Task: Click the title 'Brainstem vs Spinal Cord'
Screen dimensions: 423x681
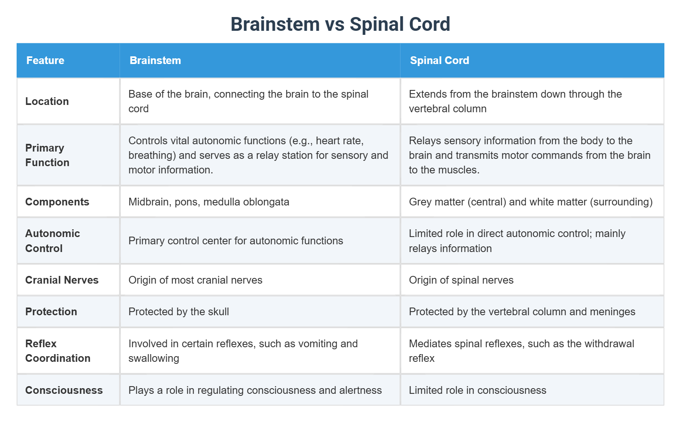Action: [x=340, y=24]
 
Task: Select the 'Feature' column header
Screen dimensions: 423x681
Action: [x=45, y=60]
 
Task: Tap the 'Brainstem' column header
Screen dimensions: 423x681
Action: [x=155, y=60]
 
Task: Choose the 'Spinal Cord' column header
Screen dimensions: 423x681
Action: [x=439, y=60]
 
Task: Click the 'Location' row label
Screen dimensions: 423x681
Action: [x=47, y=101]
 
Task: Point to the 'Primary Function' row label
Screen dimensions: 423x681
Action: [x=47, y=155]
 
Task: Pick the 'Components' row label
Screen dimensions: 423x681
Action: [x=57, y=202]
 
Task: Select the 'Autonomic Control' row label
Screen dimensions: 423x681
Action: [x=52, y=241]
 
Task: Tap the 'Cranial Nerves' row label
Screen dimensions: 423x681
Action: [x=62, y=280]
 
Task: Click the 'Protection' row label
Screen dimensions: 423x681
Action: [x=51, y=312]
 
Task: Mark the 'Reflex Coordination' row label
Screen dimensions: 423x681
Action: [x=58, y=351]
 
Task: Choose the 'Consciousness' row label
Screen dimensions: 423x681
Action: [x=64, y=390]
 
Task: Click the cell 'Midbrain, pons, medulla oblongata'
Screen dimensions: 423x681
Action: [x=209, y=202]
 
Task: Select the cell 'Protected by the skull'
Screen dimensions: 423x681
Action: [x=179, y=312]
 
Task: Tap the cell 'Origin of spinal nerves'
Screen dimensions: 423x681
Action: [x=461, y=280]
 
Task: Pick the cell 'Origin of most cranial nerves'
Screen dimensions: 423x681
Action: [x=195, y=280]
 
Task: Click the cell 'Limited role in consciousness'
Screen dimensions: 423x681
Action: [x=478, y=390]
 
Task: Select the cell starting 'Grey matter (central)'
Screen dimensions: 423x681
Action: [x=531, y=202]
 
